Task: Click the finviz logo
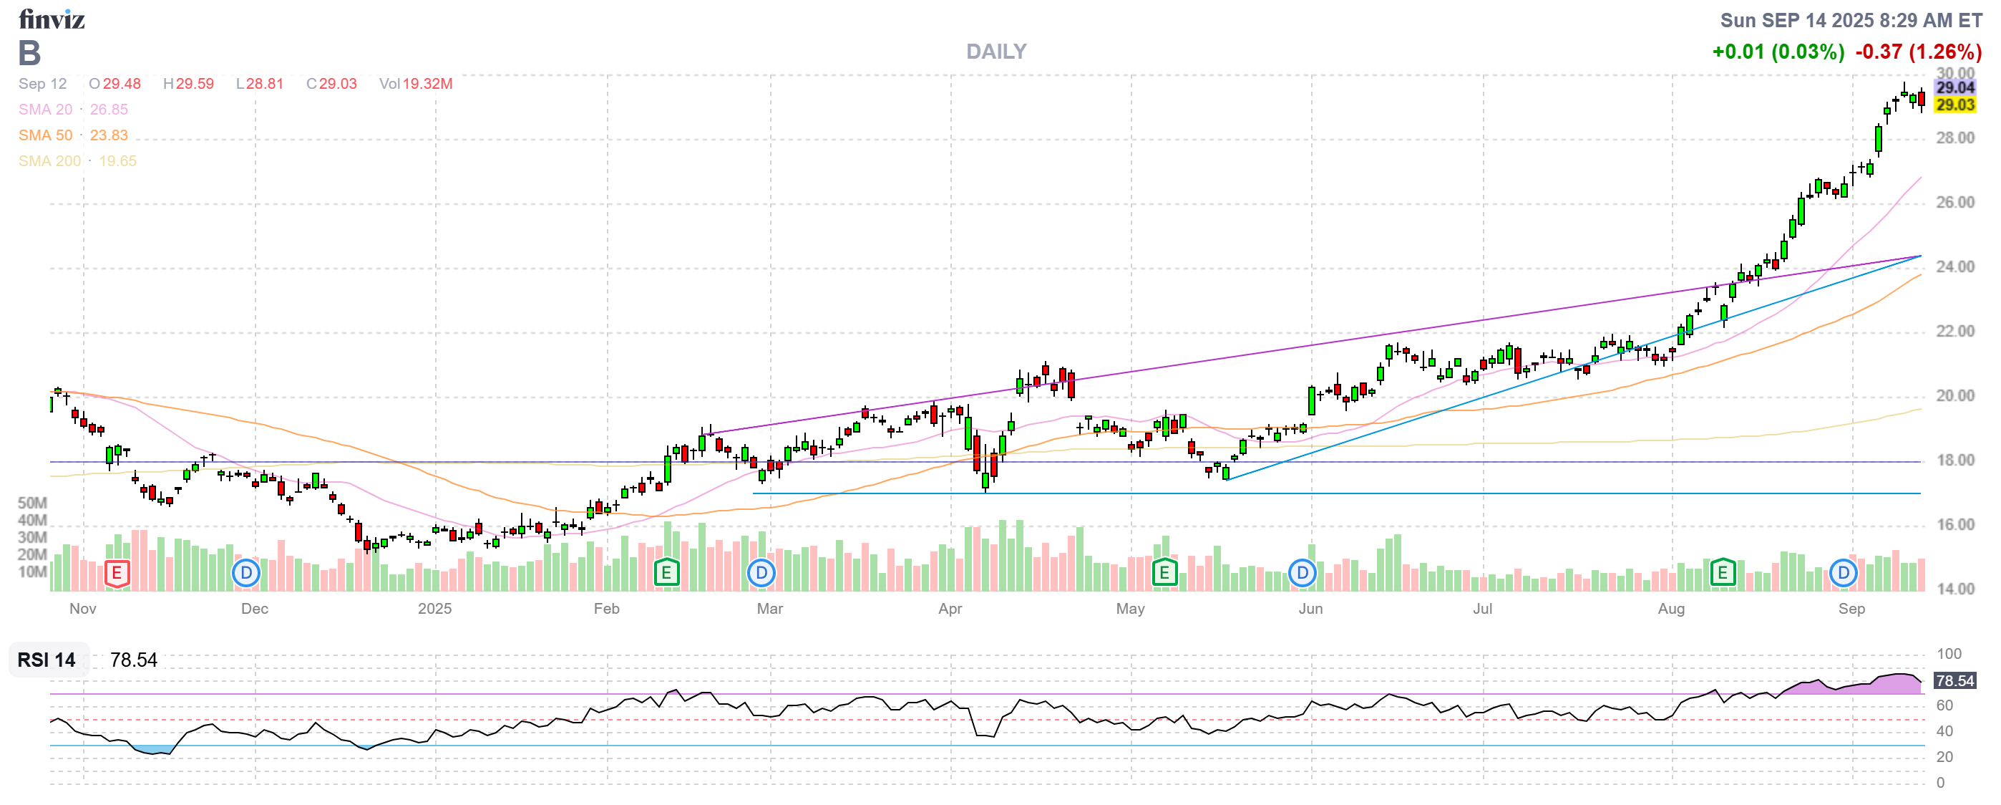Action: click(52, 19)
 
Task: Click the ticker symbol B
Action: click(29, 53)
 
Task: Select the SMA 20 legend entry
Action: click(73, 110)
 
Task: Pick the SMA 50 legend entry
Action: click(73, 135)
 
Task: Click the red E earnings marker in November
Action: click(117, 574)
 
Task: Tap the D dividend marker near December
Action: click(246, 574)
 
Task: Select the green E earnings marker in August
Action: click(1722, 574)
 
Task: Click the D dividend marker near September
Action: click(1843, 574)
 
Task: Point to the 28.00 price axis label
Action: click(1954, 138)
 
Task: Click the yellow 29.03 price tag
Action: click(1954, 105)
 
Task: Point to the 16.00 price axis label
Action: click(1954, 525)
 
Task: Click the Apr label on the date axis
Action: click(950, 609)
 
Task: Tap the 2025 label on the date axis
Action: click(434, 609)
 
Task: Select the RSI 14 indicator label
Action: click(47, 660)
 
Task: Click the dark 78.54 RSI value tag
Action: click(1954, 680)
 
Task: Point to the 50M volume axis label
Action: click(33, 503)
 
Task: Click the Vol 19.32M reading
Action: click(416, 84)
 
